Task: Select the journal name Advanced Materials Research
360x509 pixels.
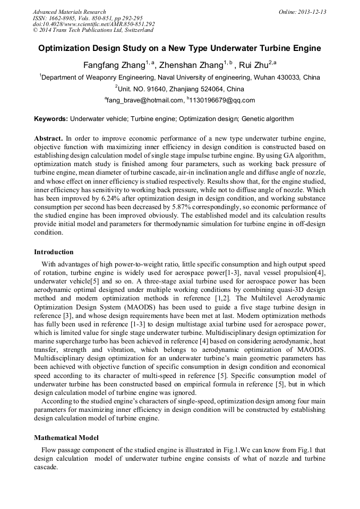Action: (69, 12)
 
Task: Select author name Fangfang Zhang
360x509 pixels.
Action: (114, 65)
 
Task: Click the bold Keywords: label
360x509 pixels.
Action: (51, 119)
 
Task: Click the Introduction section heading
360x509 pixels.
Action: (54, 252)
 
